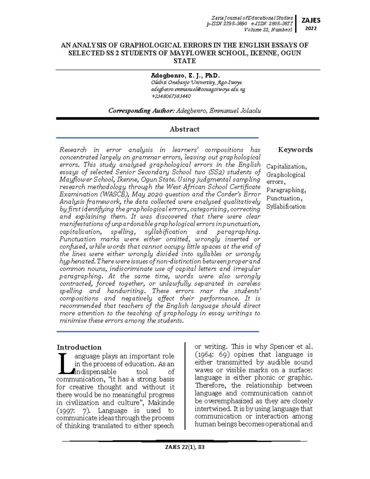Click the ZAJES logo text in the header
(x=311, y=20)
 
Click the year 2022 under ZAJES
(x=311, y=28)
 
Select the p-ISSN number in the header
(x=227, y=24)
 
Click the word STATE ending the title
(x=185, y=61)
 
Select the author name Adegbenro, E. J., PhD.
(x=185, y=76)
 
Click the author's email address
(x=198, y=89)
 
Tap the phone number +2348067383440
(x=171, y=96)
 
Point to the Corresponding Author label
(x=142, y=111)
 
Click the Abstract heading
(x=184, y=129)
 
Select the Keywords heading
(x=295, y=150)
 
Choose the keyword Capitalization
(x=286, y=167)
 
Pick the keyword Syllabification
(x=286, y=207)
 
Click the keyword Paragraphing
(x=286, y=190)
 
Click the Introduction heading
(x=79, y=347)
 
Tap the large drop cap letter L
(x=64, y=363)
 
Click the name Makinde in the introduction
(x=161, y=403)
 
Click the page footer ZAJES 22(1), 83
(x=185, y=447)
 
